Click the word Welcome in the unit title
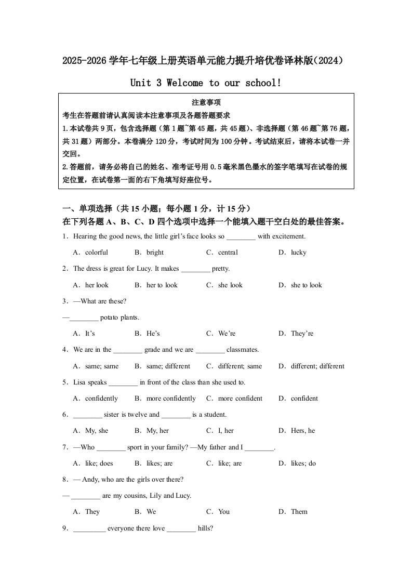[x=185, y=83]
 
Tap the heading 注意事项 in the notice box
[x=206, y=103]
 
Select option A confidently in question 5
[x=101, y=399]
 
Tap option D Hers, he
[x=303, y=431]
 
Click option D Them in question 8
[x=299, y=512]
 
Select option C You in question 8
[x=224, y=512]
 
